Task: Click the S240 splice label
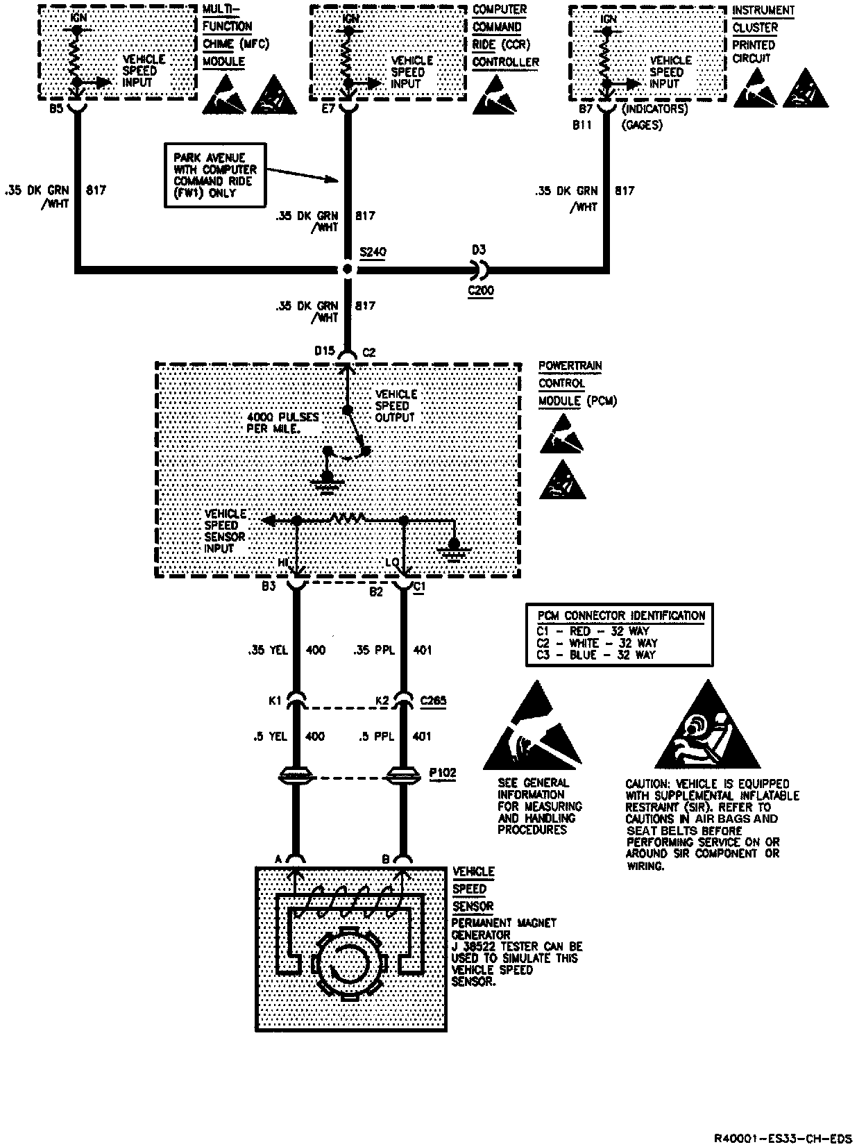[373, 253]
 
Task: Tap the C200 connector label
[480, 290]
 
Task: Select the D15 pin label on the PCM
[325, 352]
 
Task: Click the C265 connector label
[433, 701]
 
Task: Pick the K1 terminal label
[275, 702]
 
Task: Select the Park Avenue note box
[215, 176]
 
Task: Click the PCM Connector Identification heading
[621, 616]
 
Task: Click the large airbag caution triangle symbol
[707, 729]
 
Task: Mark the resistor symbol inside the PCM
[348, 518]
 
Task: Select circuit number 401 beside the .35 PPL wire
[422, 651]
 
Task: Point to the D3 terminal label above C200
[479, 249]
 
